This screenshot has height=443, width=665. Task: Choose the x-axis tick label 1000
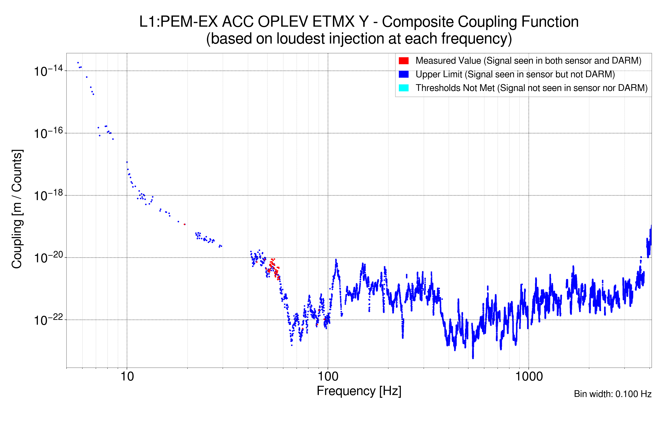pos(529,377)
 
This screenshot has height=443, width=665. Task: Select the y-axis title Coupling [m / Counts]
pos(17,209)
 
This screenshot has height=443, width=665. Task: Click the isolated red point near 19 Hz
pos(185,224)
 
